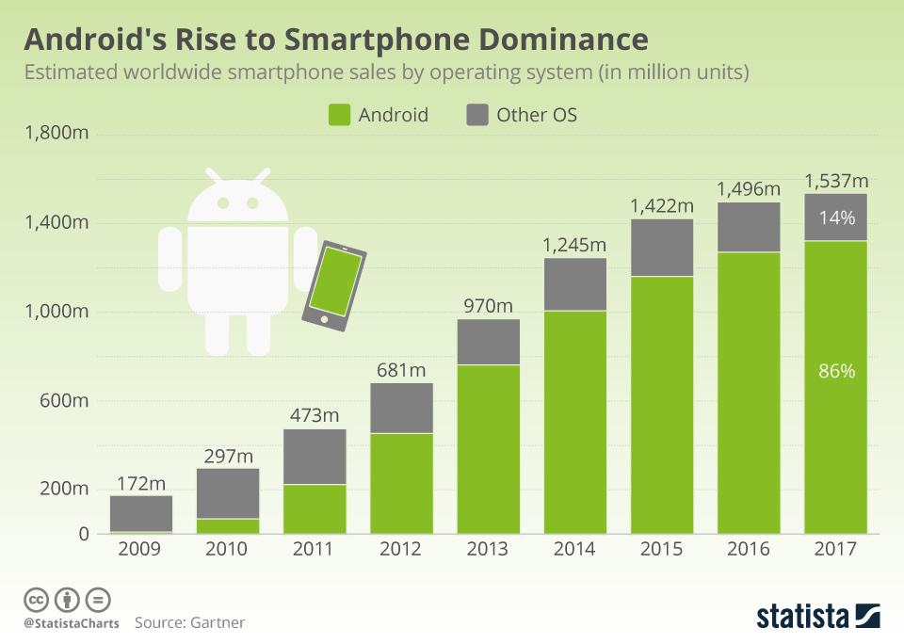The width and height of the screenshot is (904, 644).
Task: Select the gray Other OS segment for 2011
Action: [x=315, y=457]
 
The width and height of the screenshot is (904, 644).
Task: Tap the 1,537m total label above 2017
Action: [x=835, y=181]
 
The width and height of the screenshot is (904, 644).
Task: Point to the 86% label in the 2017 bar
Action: [x=836, y=371]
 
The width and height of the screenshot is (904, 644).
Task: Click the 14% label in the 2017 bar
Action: [x=836, y=218]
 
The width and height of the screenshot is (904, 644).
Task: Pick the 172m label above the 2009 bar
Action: [x=141, y=484]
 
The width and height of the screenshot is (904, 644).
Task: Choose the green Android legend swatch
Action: [x=339, y=115]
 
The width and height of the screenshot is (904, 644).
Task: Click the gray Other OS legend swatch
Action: [x=477, y=115]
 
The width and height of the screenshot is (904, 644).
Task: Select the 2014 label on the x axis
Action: [x=574, y=549]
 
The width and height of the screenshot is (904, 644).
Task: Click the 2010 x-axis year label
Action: [x=227, y=549]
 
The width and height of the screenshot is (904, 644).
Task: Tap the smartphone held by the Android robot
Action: [x=334, y=285]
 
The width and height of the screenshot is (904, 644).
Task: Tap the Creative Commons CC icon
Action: [x=36, y=599]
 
